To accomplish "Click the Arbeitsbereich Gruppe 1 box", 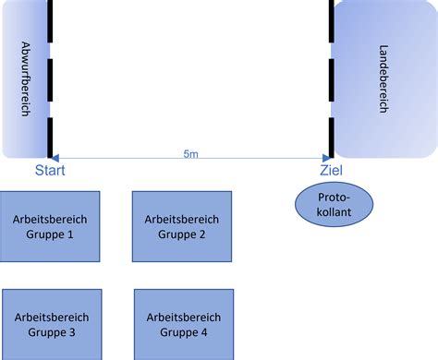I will [51, 226].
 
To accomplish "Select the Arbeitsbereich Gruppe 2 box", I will [182, 226].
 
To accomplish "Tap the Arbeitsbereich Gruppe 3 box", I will [52, 323].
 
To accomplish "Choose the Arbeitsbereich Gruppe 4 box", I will [183, 323].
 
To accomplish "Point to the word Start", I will [51, 171].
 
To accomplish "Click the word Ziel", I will [331, 171].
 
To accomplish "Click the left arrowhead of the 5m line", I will [55, 157].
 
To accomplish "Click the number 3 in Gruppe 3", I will [71, 331].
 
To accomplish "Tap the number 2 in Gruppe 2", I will [201, 234].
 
